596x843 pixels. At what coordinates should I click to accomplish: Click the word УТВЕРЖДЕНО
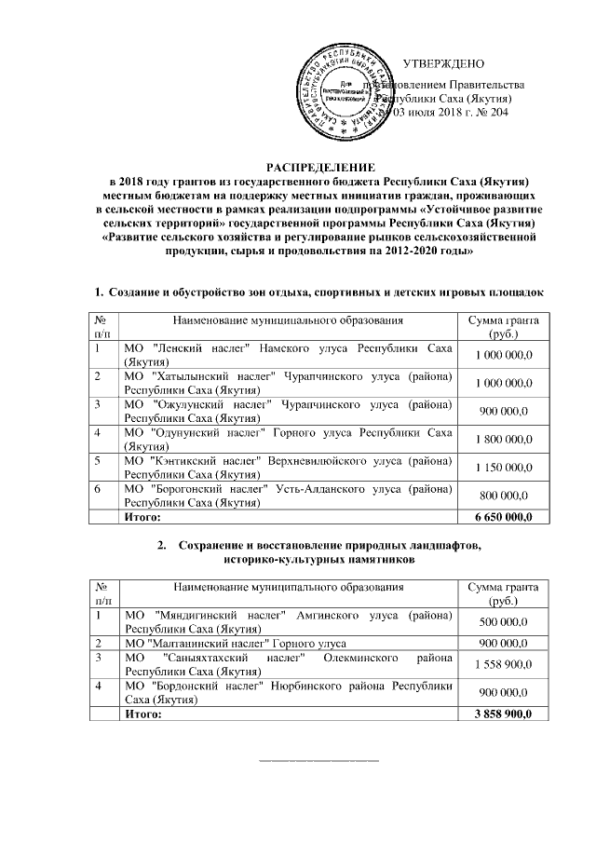tap(443, 63)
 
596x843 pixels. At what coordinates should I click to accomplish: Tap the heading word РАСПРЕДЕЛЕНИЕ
tap(320, 164)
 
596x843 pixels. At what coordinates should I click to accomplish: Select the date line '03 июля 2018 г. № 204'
tap(450, 113)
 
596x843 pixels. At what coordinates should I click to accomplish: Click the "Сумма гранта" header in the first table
tap(503, 326)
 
